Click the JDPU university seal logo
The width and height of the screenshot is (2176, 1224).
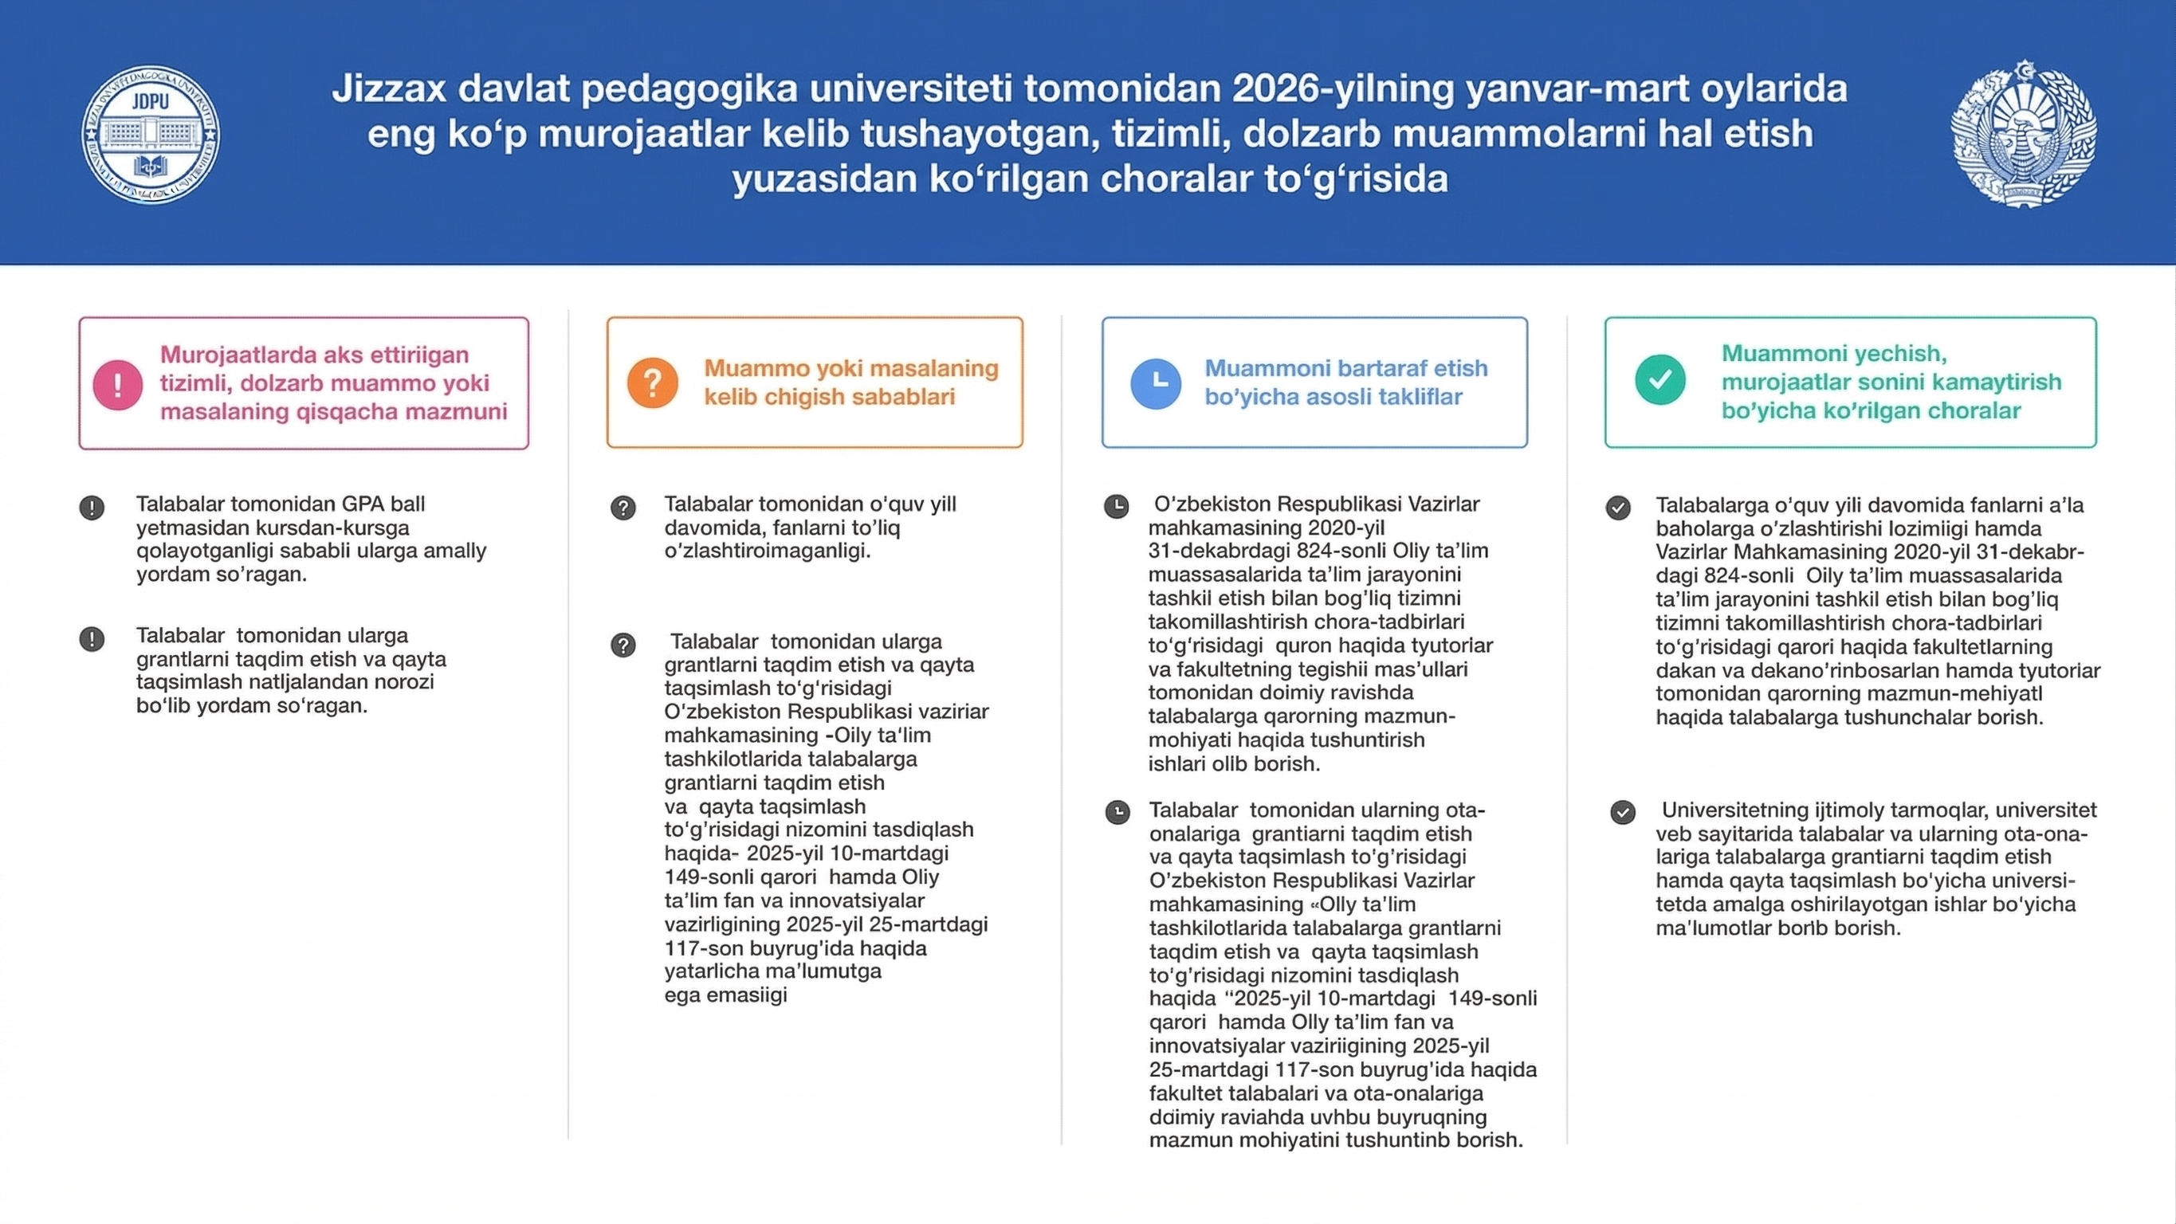click(151, 135)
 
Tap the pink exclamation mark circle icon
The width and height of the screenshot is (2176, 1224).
click(117, 384)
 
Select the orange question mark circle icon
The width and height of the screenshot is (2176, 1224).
click(652, 382)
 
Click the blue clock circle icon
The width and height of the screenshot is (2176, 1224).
click(1156, 383)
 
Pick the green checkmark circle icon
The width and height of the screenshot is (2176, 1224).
click(1659, 380)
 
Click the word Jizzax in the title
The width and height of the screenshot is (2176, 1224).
click(389, 88)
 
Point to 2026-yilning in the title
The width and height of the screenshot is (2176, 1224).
click(1344, 88)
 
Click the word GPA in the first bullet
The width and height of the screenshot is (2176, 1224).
click(363, 504)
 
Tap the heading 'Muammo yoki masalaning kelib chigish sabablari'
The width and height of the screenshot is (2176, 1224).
click(850, 382)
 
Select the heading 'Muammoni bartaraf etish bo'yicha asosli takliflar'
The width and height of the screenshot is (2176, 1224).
click(1345, 382)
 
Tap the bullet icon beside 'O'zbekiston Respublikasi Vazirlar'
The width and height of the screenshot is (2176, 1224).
click(1116, 507)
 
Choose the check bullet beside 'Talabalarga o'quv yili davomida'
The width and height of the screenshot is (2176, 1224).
click(1617, 508)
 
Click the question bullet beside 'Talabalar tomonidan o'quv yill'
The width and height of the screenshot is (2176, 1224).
click(623, 508)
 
